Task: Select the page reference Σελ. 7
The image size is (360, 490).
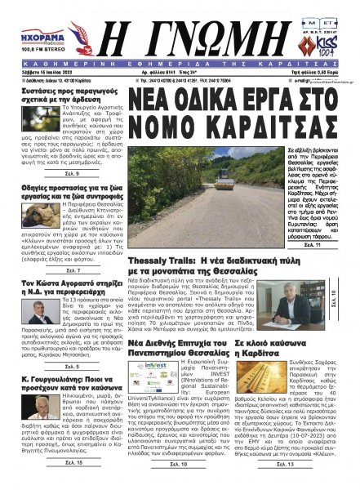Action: pyautogui.click(x=70, y=267)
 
